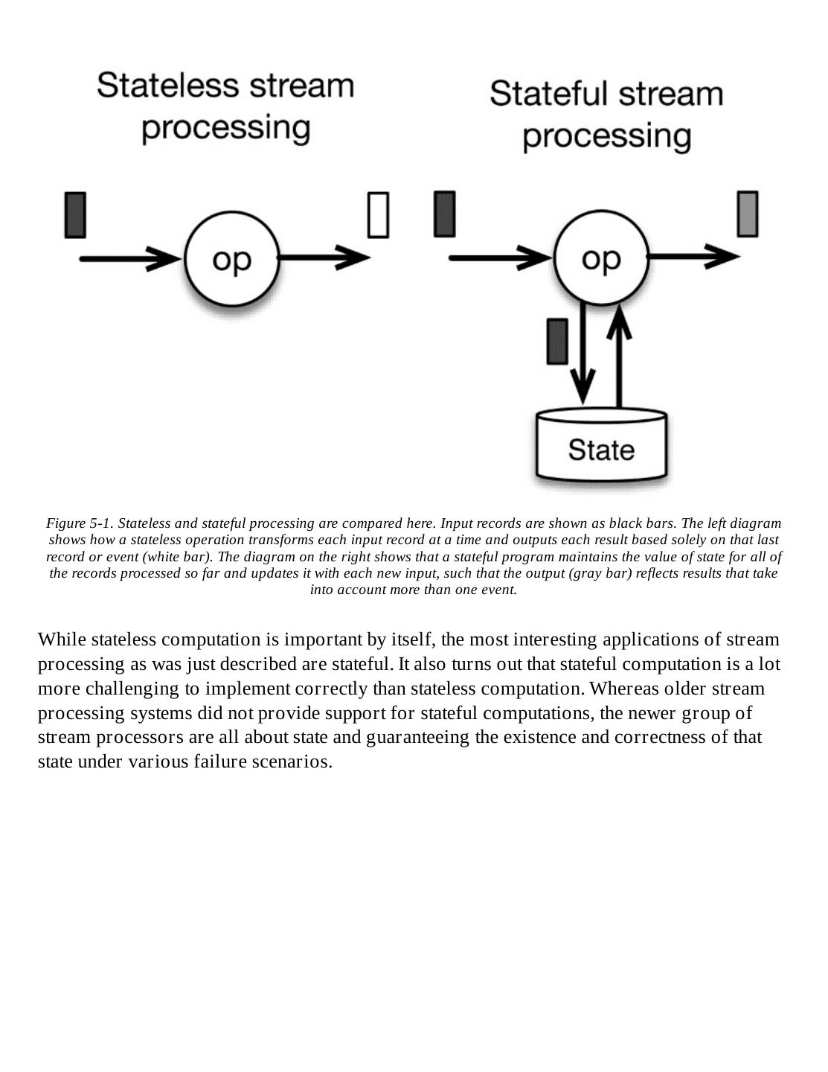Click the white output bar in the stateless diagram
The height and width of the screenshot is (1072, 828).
378,215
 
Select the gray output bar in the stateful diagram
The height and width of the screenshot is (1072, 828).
747,214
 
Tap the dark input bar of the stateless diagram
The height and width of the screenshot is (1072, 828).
75,215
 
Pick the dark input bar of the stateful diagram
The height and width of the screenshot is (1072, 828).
444,214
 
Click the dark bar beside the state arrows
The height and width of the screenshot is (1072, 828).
557,342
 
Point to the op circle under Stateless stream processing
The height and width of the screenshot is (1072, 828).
232,259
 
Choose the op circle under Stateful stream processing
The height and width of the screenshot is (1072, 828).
601,258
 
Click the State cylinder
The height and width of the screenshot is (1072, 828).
601,447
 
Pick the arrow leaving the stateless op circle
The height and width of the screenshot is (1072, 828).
324,258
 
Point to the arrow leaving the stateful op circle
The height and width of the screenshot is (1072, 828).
692,258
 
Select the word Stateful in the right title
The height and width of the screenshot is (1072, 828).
547,95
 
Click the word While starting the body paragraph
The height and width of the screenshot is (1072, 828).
62,639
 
